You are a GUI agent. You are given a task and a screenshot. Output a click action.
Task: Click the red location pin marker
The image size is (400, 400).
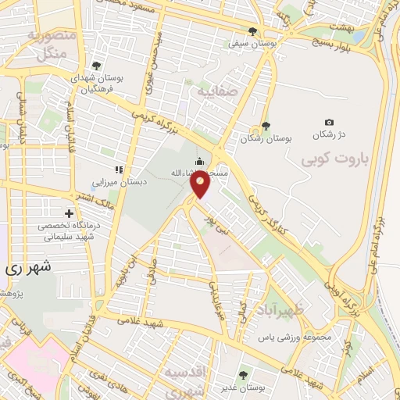[201, 185]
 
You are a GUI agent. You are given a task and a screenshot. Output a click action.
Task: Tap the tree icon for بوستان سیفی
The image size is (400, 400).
[252, 31]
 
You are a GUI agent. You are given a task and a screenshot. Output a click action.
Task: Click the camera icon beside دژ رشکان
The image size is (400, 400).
[329, 123]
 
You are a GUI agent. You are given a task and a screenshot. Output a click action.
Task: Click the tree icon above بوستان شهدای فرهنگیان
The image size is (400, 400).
[96, 66]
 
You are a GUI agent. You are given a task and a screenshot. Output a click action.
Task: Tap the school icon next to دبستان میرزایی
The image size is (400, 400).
[119, 170]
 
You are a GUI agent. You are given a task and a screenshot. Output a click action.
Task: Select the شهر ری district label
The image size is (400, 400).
[30, 267]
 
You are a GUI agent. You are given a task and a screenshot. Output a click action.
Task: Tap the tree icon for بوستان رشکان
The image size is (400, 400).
[266, 125]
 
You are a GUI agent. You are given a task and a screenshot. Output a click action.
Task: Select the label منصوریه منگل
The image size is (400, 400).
[51, 45]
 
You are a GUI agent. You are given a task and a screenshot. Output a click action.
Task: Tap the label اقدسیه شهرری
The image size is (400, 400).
[184, 378]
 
